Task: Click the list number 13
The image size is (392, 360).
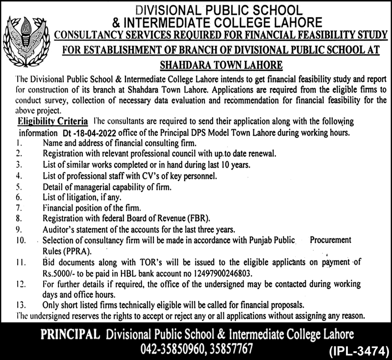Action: pyautogui.click(x=20, y=304)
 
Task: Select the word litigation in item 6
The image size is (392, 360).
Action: pyautogui.click(x=77, y=197)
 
